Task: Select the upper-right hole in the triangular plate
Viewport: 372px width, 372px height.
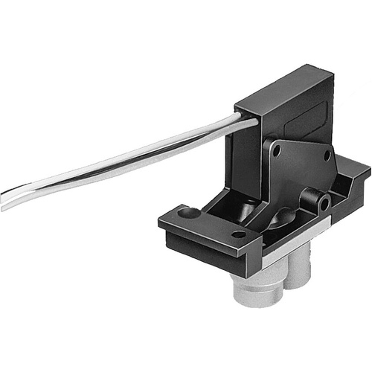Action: pos(325,155)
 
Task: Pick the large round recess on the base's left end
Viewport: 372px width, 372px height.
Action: pos(190,214)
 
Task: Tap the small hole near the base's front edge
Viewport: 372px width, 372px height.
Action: pos(239,234)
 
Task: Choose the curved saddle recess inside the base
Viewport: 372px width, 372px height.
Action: pos(283,220)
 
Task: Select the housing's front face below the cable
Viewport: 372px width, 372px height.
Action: pos(249,156)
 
